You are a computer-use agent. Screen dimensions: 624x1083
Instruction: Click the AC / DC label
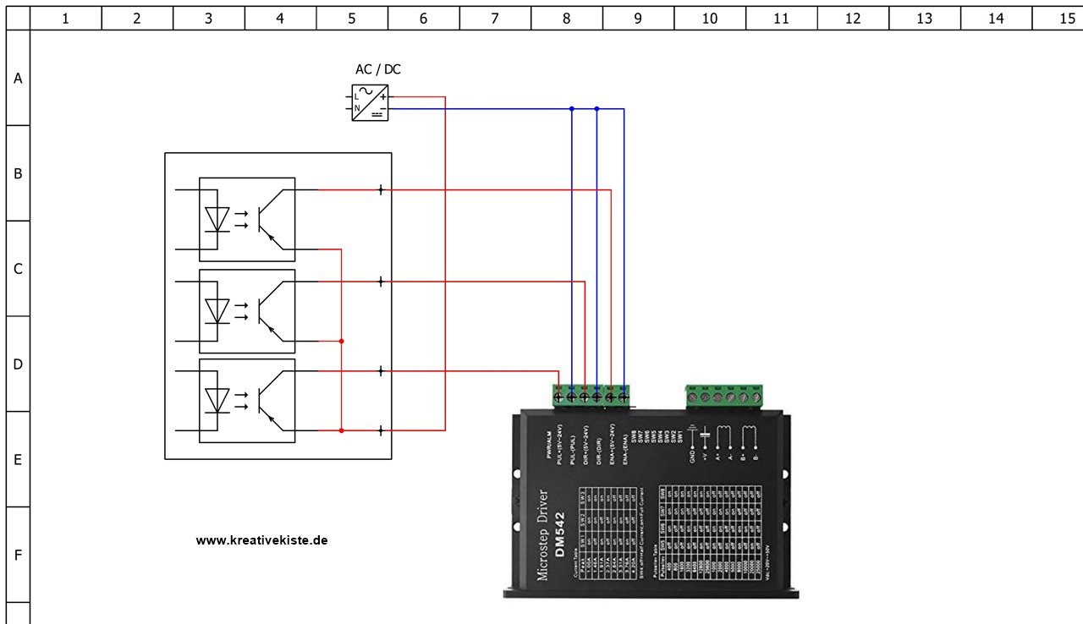click(x=377, y=69)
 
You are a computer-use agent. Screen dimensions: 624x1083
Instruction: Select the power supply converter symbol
click(x=370, y=103)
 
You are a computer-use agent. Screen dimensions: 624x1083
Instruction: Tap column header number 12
click(x=853, y=18)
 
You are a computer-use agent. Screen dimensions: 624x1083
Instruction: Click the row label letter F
click(x=18, y=556)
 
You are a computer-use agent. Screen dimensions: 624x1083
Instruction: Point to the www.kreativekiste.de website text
click(x=261, y=540)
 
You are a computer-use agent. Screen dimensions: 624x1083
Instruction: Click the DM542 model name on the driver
click(x=559, y=536)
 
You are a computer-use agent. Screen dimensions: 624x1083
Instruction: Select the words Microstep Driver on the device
click(x=542, y=535)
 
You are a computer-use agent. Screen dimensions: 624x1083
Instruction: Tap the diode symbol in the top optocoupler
click(x=218, y=220)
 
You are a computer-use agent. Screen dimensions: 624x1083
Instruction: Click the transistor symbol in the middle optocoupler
click(x=269, y=311)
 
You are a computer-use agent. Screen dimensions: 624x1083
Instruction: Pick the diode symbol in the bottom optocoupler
click(x=218, y=400)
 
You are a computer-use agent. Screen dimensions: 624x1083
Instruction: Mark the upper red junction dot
click(x=341, y=341)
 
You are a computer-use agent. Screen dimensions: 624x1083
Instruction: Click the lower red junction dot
click(x=341, y=430)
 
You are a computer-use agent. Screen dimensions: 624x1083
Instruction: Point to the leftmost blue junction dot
click(x=572, y=108)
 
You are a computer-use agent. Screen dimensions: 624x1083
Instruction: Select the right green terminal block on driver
click(x=724, y=395)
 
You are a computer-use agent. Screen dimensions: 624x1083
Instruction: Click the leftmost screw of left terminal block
click(x=558, y=396)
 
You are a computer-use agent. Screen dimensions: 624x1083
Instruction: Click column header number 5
click(x=352, y=18)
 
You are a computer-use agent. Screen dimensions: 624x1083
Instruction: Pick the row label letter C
click(x=18, y=269)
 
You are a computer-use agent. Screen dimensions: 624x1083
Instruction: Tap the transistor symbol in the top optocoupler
click(x=269, y=220)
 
